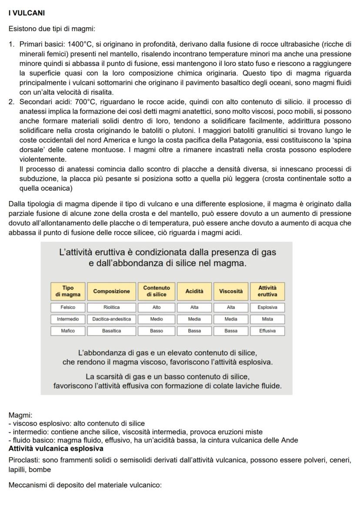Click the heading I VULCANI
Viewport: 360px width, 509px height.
27,13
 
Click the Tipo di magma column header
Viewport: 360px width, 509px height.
68,291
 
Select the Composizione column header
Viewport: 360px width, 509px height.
112,291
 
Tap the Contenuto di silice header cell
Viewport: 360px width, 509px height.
157,291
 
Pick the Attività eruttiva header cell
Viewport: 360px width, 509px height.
268,291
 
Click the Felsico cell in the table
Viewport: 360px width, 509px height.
68,307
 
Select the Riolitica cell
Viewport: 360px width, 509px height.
112,307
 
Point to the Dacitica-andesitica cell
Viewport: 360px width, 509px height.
112,319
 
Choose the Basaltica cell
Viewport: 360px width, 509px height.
112,331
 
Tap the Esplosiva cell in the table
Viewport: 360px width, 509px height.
268,307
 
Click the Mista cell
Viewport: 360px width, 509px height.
268,319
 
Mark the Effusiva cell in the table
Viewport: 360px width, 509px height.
268,331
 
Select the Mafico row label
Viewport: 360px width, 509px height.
68,331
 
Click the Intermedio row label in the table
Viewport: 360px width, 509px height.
68,319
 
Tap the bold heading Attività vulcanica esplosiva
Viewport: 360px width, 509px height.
56,448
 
